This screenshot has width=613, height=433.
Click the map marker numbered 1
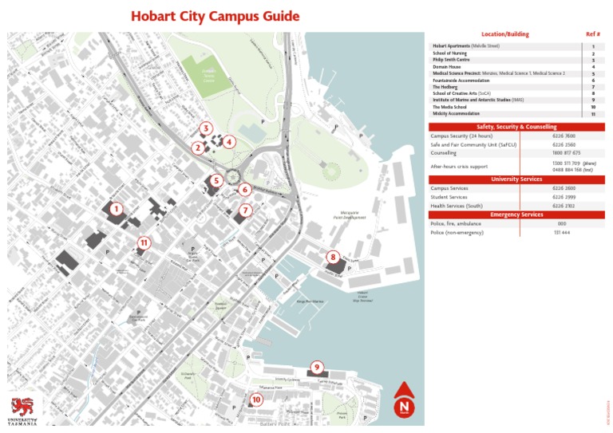click(x=117, y=209)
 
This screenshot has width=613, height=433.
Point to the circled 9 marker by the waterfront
click(x=317, y=367)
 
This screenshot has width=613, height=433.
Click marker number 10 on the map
click(x=255, y=399)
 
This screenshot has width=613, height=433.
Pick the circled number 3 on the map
click(x=206, y=128)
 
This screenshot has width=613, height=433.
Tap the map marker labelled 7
click(x=246, y=210)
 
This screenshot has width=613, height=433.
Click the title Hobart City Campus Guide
click(x=204, y=16)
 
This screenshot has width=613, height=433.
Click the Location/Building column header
click(x=504, y=34)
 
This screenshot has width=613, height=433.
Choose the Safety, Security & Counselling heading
click(x=516, y=127)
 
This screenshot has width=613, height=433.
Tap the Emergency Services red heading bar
click(x=516, y=215)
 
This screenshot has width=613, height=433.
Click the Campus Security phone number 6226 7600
click(x=564, y=136)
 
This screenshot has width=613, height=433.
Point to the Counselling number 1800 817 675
click(x=566, y=152)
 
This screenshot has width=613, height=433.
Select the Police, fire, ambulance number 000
click(x=562, y=224)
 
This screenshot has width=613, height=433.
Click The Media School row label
click(x=448, y=107)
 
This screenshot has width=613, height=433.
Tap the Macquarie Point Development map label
click(x=349, y=216)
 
